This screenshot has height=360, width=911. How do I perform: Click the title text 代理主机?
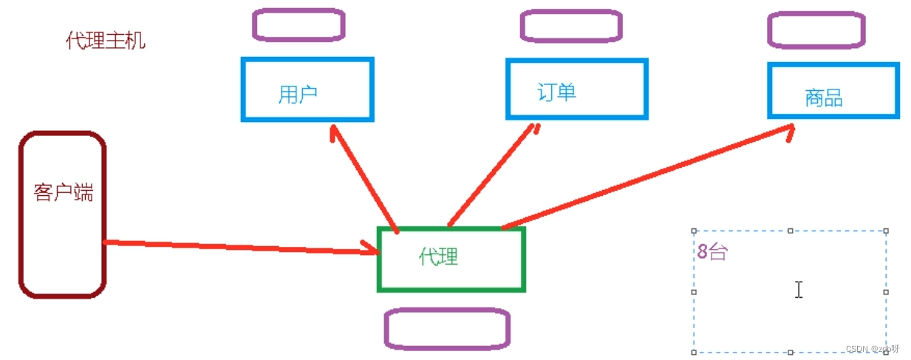[x=106, y=41]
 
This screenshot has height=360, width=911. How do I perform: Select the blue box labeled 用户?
[x=307, y=89]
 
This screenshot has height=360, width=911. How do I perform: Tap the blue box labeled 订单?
[x=576, y=89]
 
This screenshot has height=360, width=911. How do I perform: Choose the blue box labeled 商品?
[x=833, y=91]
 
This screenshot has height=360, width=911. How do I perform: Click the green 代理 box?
[x=451, y=259]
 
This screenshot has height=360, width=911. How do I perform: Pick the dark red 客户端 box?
[x=63, y=214]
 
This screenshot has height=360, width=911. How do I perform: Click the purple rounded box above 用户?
[x=298, y=24]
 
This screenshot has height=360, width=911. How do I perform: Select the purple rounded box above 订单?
[x=570, y=26]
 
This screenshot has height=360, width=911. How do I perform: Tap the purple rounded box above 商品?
[x=816, y=30]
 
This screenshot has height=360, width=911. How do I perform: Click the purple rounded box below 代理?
[x=447, y=328]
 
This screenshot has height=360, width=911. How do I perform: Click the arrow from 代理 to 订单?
[x=491, y=177]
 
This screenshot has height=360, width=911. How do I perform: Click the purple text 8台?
[x=712, y=252]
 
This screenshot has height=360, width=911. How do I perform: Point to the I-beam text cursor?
[x=799, y=290]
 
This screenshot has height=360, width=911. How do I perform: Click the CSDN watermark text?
[x=873, y=349]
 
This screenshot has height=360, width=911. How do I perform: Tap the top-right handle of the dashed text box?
[x=886, y=231]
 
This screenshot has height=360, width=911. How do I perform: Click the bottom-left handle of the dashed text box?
[x=694, y=352]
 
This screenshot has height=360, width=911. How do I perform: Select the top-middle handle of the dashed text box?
[x=790, y=231]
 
